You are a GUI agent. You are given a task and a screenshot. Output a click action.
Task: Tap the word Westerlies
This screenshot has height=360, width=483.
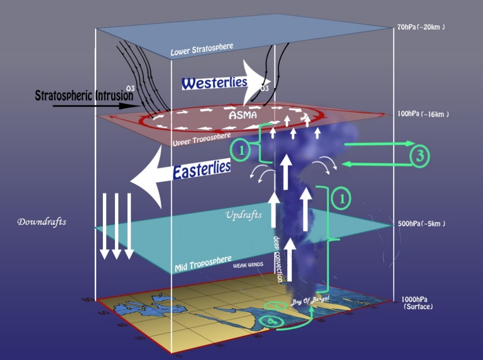(x=214, y=84)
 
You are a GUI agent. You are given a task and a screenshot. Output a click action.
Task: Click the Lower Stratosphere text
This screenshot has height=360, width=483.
(x=202, y=49)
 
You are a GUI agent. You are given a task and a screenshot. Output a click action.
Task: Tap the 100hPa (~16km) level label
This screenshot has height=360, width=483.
(x=423, y=114)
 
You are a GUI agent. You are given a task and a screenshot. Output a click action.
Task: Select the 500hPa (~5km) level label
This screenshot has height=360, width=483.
(x=421, y=224)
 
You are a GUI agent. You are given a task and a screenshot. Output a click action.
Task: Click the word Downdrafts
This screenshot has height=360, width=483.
(x=41, y=222)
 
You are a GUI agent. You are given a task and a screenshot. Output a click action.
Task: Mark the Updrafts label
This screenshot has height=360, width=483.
(x=244, y=214)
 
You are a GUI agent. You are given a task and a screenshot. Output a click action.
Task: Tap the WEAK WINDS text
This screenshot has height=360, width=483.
(x=248, y=265)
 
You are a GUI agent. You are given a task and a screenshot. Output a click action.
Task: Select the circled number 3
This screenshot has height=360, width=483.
(x=420, y=155)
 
